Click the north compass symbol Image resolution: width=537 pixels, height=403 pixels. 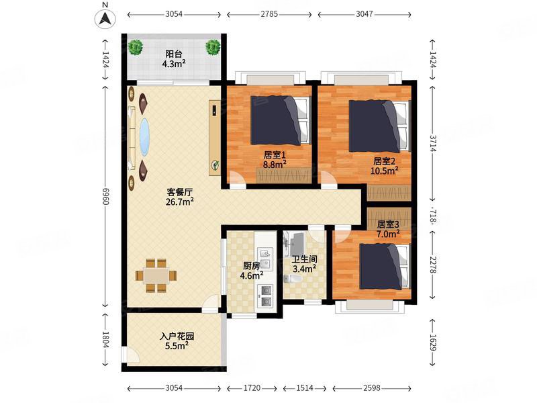(105, 18)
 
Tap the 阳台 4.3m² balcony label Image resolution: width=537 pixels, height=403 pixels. (174, 58)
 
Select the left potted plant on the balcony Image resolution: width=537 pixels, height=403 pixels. (136, 47)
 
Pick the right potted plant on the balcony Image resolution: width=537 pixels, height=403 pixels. (213, 47)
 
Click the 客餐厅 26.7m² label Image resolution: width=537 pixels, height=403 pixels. (179, 197)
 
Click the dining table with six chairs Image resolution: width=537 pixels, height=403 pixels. (156, 275)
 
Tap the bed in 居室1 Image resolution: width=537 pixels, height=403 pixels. (281, 120)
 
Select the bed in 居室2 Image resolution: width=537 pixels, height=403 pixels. (379, 126)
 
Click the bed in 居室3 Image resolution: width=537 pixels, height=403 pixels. (384, 267)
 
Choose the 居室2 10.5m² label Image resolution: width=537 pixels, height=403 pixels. (384, 166)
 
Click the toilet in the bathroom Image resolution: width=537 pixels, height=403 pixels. (293, 279)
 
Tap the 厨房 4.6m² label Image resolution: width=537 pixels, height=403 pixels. (252, 271)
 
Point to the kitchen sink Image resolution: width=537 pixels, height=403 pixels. (265, 259)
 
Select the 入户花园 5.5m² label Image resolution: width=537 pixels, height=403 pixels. (177, 341)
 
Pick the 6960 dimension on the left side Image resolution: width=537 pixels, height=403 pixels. (105, 197)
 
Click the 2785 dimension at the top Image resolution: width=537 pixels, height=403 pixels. (269, 14)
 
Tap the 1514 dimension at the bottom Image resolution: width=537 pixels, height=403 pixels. (305, 388)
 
